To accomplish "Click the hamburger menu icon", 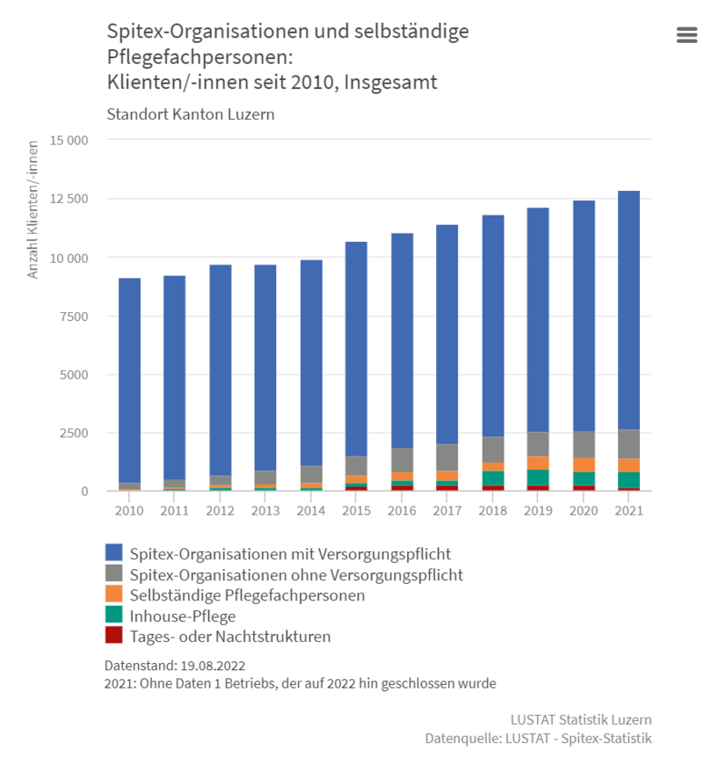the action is click(x=686, y=35).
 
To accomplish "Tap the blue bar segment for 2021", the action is click(x=629, y=310).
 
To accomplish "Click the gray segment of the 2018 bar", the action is click(x=493, y=449).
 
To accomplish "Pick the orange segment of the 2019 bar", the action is click(x=537, y=463).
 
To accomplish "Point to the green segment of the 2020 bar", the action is click(x=584, y=479).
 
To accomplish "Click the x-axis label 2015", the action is click(x=356, y=511).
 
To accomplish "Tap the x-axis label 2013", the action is click(x=265, y=511).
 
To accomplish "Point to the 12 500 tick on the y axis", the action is click(x=68, y=198).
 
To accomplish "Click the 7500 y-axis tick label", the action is click(x=74, y=316).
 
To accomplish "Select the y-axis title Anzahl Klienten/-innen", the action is click(x=33, y=209).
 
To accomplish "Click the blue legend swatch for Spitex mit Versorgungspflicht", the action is click(x=114, y=553).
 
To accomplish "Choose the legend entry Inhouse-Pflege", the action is click(x=183, y=617).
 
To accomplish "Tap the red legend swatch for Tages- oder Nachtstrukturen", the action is click(x=114, y=635).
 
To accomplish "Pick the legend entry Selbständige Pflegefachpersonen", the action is click(x=247, y=596).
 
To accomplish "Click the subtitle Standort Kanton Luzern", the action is click(x=191, y=115).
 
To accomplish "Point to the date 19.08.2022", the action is click(x=213, y=666).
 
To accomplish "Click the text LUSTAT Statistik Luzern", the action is click(x=581, y=719).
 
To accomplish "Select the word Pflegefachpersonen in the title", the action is click(x=200, y=57).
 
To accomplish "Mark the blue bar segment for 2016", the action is click(x=402, y=341).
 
